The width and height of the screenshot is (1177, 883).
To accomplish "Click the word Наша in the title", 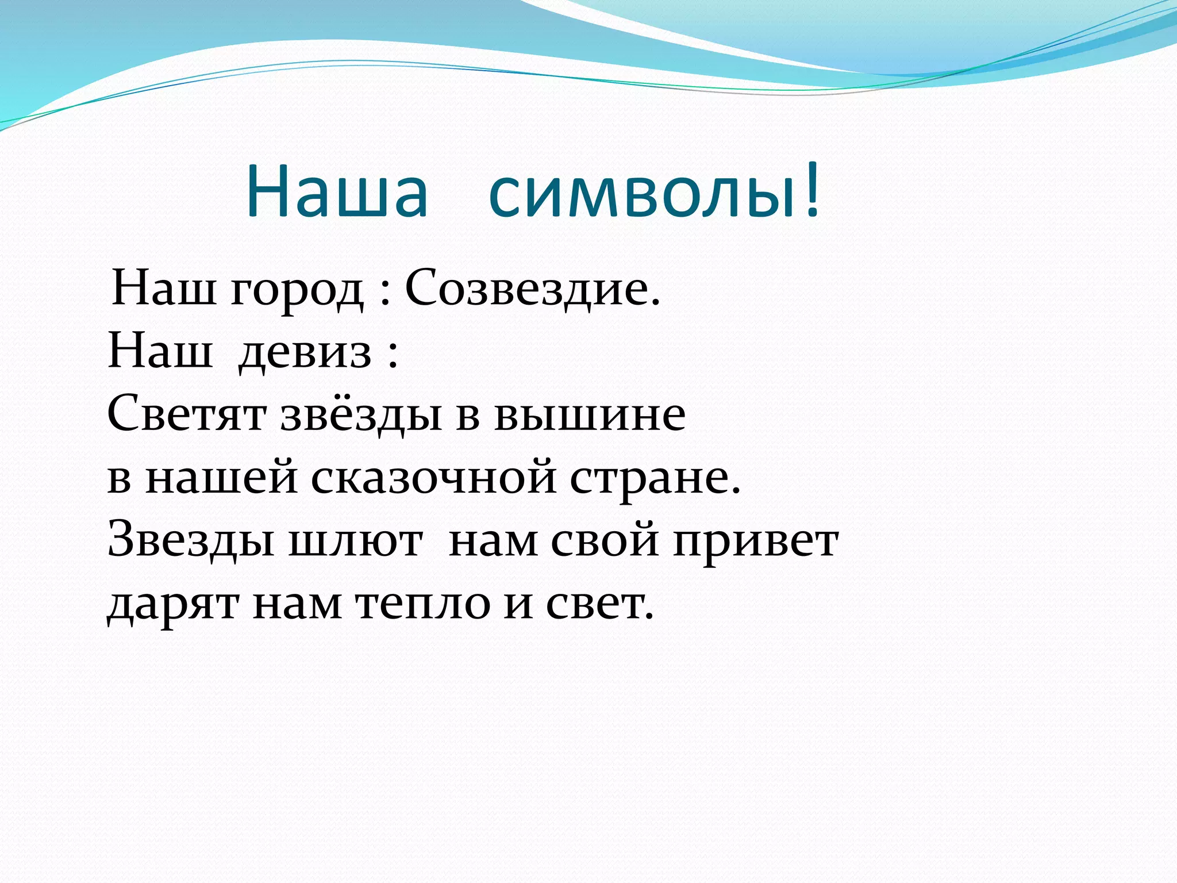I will (x=337, y=191).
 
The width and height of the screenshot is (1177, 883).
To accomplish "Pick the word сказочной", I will (x=434, y=478).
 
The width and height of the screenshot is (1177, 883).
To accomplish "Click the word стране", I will (x=655, y=478).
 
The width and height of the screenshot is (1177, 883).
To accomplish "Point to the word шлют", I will (x=355, y=542).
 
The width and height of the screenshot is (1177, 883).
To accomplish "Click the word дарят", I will (x=173, y=605).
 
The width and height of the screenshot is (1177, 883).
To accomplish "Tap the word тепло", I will (x=422, y=605).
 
